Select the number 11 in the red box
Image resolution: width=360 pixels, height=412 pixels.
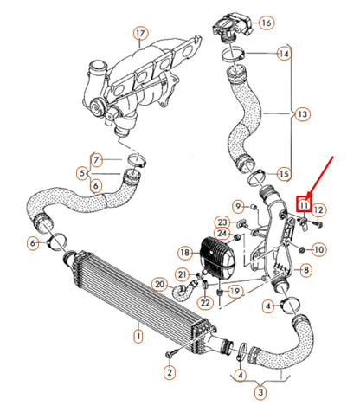tap(304, 204)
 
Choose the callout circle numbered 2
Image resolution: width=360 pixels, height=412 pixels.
tap(169, 371)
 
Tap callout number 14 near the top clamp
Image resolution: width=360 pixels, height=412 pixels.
tap(284, 54)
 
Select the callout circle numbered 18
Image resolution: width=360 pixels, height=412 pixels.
tap(184, 252)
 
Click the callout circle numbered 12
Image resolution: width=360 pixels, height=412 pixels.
tap(318, 209)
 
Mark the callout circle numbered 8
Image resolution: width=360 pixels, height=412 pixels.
tap(305, 271)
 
